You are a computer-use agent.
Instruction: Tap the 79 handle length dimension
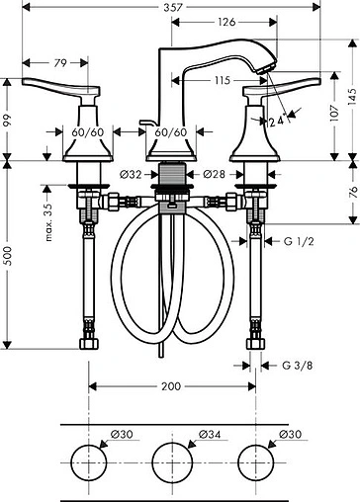pyautogui.click(x=60, y=63)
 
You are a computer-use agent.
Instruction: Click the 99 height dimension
pyautogui.click(x=9, y=120)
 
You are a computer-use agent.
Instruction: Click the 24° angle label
pyautogui.click(x=280, y=121)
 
